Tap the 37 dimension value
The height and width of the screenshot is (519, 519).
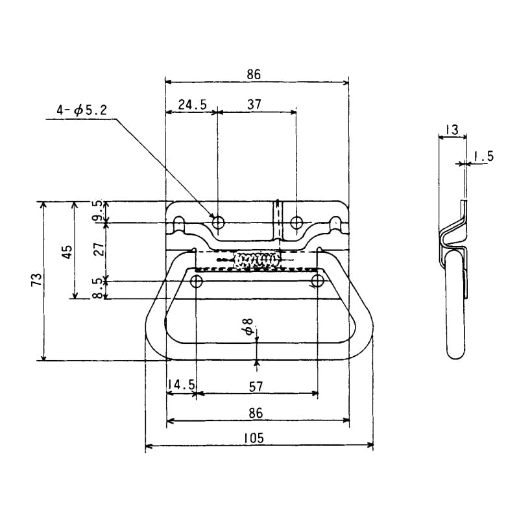pos(256,104)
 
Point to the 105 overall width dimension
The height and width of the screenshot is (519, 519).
pos(255,439)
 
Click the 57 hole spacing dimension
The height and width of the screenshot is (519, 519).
pos(256,386)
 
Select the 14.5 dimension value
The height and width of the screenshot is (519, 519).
pos(181,385)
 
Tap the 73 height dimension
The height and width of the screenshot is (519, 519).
pos(36,280)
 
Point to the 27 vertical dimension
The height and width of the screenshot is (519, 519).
pos(98,250)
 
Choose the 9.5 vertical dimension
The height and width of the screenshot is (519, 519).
pos(98,211)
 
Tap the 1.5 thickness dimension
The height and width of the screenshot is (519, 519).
pos(484,156)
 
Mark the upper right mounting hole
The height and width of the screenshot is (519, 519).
pos(296,223)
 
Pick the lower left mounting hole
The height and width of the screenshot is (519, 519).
pos(196,281)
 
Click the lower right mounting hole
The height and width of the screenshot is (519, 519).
pos(317,281)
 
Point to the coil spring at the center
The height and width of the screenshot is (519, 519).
pos(257,260)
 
